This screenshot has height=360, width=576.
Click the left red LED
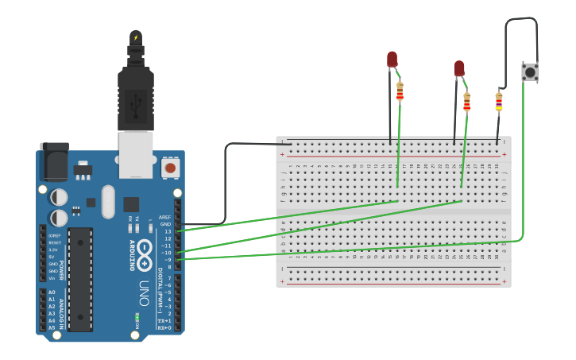click(392, 60)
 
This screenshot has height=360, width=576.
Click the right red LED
click(459, 69)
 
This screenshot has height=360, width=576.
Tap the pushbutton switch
click(529, 72)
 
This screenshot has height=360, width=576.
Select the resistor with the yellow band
click(499, 102)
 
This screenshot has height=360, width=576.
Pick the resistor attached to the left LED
click(400, 91)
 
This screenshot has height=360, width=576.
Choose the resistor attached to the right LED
click(467, 101)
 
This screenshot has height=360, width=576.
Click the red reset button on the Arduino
click(169, 168)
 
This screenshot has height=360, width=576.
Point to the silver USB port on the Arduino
click(136, 155)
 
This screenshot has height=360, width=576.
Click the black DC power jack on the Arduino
click(54, 162)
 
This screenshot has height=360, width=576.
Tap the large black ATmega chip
click(80, 279)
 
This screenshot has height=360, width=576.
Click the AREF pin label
click(164, 217)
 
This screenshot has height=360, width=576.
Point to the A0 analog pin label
click(52, 292)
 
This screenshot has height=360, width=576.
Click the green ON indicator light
click(137, 316)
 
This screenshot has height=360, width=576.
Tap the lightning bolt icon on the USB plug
click(136, 37)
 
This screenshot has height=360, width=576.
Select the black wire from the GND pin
click(226, 183)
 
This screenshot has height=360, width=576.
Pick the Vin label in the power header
click(52, 278)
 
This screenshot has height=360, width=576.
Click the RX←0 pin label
click(164, 327)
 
